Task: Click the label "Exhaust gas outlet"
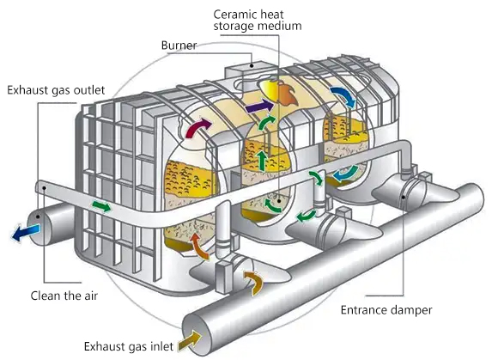point(56,90)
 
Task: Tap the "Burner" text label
point(179,46)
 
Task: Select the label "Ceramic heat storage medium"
point(258,20)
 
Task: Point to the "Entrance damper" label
point(386,310)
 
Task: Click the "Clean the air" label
point(64,296)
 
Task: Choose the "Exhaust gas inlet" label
point(129,346)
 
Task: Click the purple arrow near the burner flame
point(258,107)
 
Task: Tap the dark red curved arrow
point(197,127)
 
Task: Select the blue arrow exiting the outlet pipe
point(26,233)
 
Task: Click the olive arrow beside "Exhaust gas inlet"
point(190,340)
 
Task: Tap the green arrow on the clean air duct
point(101,206)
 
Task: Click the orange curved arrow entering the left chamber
point(199,246)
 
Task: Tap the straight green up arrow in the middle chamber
point(262,161)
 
